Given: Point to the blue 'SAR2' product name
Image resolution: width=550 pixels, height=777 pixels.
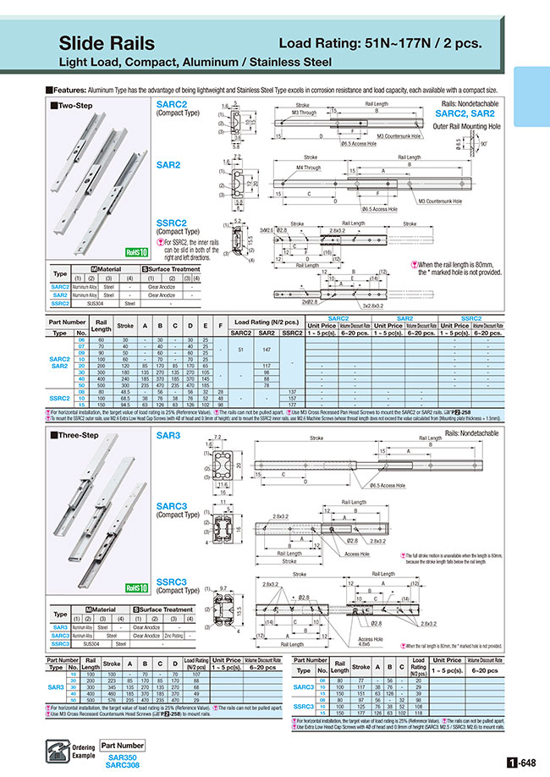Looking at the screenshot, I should [168, 166].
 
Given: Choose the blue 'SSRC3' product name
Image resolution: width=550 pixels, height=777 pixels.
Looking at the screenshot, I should [171, 582].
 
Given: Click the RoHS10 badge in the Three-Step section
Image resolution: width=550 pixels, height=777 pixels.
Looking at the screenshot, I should [138, 586].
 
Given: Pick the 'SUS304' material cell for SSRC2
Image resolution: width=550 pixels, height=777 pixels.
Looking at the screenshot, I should [88, 302].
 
